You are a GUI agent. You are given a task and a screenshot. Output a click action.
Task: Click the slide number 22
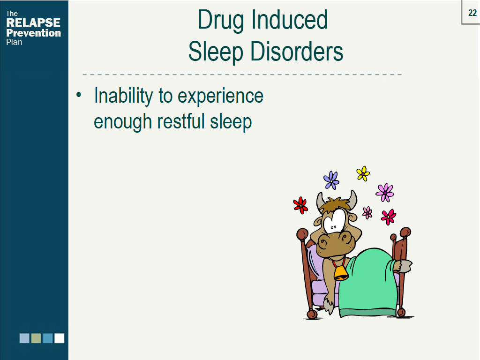pyautogui.click(x=472, y=13)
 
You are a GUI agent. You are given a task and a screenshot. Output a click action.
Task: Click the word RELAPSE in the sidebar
pyautogui.click(x=33, y=23)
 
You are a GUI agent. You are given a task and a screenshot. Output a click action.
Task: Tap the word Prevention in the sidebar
pyautogui.click(x=33, y=33)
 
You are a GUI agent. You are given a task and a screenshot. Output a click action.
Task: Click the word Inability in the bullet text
pyautogui.click(x=123, y=96)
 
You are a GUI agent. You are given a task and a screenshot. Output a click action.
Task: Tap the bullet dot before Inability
pyautogui.click(x=79, y=96)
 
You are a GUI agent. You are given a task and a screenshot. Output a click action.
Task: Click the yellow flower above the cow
pyautogui.click(x=363, y=173)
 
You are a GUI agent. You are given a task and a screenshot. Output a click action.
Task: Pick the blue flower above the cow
pyautogui.click(x=331, y=180)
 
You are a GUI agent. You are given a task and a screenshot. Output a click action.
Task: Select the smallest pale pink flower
pyautogui.click(x=367, y=213)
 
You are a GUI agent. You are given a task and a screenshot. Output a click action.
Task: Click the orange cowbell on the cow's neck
pyautogui.click(x=340, y=272)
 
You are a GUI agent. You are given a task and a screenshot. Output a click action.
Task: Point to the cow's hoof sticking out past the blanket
pyautogui.click(x=403, y=266)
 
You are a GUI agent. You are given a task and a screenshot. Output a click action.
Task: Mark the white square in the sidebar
pyautogui.click(x=59, y=338)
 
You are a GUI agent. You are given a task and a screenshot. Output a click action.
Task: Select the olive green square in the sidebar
pyautogui.click(x=36, y=338)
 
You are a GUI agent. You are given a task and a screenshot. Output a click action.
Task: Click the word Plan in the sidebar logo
pyautogui.click(x=14, y=42)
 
